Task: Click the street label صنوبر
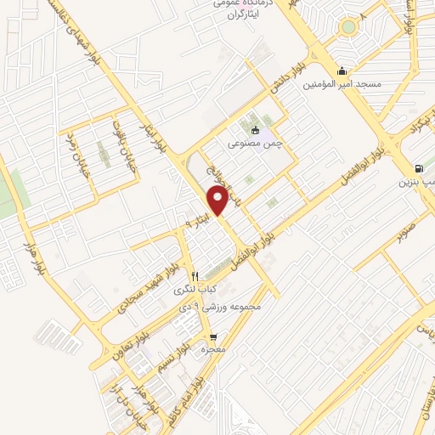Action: coord(404,223)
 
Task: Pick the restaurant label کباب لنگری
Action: coord(195,289)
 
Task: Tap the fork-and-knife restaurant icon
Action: coord(195,275)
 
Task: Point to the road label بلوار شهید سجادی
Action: coord(145,292)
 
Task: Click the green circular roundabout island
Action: coord(347,27)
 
